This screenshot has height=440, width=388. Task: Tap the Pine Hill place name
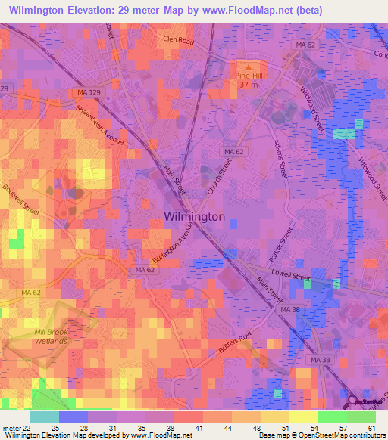(x=247, y=76)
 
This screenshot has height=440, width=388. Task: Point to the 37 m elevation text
(x=249, y=85)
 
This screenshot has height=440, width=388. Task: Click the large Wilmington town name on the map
(x=194, y=216)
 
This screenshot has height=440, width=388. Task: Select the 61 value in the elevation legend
(x=371, y=428)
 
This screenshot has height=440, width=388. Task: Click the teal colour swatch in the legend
(x=44, y=417)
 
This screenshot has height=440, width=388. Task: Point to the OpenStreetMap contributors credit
(x=339, y=435)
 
